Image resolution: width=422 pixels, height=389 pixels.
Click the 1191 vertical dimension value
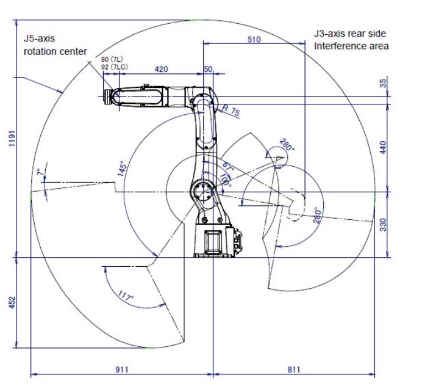click(12, 139)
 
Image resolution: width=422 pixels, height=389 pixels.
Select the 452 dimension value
click(12, 303)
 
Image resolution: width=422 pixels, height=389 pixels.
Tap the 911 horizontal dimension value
click(122, 369)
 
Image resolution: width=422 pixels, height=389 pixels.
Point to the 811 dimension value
click(293, 369)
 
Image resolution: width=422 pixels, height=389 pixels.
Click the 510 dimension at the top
click(254, 40)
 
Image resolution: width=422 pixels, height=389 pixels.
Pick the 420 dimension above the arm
click(161, 69)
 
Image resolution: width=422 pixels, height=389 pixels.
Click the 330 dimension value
click(383, 225)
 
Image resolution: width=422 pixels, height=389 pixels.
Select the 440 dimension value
click(383, 147)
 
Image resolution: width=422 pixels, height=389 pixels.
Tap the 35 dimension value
click(384, 83)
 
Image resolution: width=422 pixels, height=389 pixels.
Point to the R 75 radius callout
click(231, 110)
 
